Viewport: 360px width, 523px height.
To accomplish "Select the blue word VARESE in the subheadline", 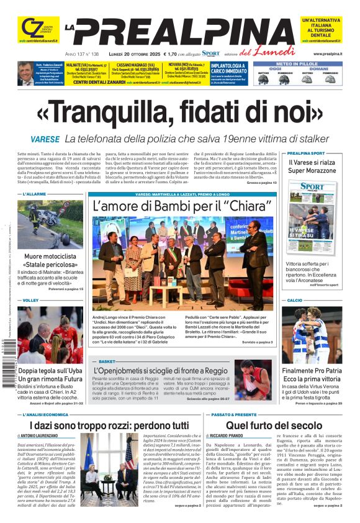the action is (45, 138).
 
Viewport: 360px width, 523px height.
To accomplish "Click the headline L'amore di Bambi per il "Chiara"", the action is (184, 206).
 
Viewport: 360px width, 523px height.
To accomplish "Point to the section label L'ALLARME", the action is (35, 194).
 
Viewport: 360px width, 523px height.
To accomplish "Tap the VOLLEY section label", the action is (30, 300).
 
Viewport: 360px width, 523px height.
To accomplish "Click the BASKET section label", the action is (107, 361).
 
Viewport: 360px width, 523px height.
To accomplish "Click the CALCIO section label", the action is (295, 300).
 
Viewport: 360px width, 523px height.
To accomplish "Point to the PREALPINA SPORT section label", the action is (306, 153).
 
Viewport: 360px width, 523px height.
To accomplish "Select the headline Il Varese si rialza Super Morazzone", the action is (320, 166).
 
